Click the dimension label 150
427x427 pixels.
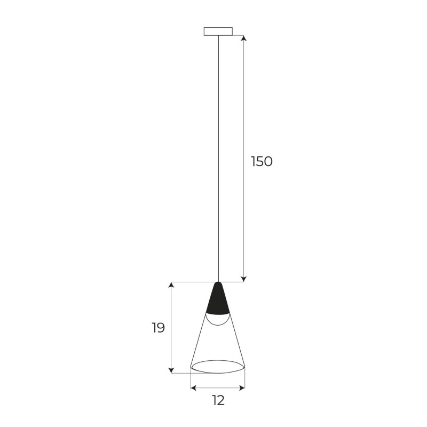(x=262, y=161)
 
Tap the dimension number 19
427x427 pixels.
(x=158, y=328)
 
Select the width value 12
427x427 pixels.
(x=217, y=400)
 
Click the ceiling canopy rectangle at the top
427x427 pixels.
(x=218, y=31)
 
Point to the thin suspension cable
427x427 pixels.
(x=218, y=160)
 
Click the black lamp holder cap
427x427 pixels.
(x=218, y=302)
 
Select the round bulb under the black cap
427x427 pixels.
(x=218, y=319)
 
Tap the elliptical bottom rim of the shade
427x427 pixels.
(x=218, y=368)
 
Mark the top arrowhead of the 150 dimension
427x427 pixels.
(x=244, y=38)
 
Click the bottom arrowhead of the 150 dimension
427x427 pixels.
(x=244, y=278)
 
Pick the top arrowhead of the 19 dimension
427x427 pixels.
(x=171, y=286)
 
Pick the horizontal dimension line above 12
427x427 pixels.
(x=218, y=388)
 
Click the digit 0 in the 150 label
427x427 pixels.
(x=267, y=161)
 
